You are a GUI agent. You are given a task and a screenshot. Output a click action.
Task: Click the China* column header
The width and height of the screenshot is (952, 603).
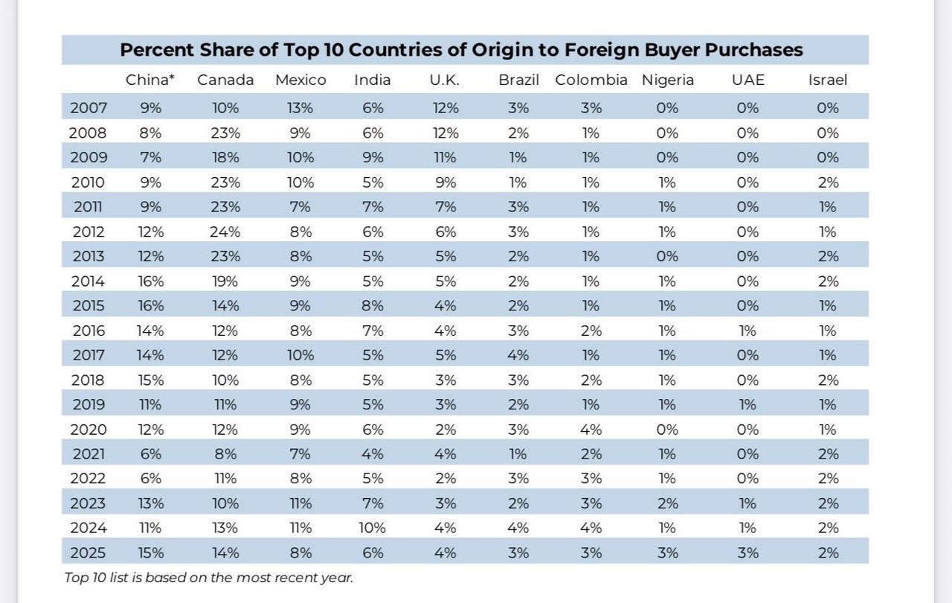(150, 80)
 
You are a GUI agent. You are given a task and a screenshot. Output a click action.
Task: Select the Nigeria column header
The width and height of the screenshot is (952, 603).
(668, 80)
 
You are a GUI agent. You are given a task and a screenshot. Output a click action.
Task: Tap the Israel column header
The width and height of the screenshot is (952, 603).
(828, 80)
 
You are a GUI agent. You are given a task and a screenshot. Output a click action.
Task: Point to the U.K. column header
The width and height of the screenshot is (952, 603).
(445, 80)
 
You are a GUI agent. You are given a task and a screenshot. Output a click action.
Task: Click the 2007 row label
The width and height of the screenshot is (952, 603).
(89, 108)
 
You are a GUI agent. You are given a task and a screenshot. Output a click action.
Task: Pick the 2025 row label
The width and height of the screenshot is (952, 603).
(89, 553)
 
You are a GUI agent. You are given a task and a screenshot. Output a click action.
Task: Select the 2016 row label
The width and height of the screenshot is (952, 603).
(89, 331)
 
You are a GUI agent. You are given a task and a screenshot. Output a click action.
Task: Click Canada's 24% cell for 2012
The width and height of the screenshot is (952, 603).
(225, 232)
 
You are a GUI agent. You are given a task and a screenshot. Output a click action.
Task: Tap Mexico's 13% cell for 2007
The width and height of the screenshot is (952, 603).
(300, 108)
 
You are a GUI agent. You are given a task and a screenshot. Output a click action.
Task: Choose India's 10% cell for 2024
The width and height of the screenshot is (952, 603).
(373, 529)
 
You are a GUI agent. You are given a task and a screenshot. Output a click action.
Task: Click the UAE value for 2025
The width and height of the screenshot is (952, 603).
(747, 553)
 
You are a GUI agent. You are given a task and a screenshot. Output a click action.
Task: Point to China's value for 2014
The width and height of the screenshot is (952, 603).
(150, 281)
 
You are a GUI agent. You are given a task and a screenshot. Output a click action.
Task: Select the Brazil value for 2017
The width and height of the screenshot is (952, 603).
(518, 355)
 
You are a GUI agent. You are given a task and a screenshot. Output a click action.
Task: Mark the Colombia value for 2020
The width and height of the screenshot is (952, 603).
(591, 430)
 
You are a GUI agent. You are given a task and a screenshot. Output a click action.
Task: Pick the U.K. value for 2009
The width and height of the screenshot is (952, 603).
(445, 158)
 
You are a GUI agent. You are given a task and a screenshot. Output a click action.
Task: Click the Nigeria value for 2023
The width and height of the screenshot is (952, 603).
(668, 504)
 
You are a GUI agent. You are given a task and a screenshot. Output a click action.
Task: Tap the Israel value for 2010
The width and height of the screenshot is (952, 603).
(828, 182)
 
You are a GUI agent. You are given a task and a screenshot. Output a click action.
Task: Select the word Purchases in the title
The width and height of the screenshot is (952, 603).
(754, 51)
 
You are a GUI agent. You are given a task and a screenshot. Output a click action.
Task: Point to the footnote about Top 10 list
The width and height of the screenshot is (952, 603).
(208, 578)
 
